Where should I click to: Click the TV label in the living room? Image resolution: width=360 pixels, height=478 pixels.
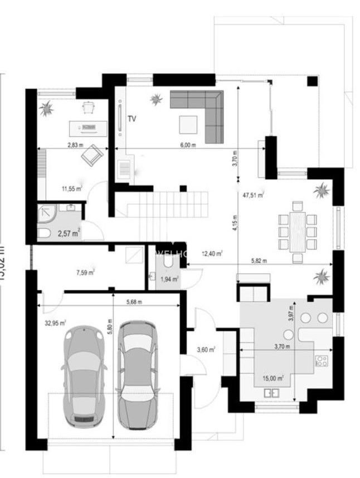pos(132,118)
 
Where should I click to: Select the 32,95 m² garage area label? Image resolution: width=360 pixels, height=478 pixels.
pos(56,322)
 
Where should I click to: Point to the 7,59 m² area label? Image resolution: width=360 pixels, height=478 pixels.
pos(85,273)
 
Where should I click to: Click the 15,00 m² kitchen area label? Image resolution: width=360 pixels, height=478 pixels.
pos(273,378)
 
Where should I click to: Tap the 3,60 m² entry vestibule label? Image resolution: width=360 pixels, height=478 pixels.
pos(206,350)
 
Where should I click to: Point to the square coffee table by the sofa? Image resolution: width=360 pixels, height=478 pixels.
pos(188,124)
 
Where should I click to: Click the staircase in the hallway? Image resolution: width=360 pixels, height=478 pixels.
pos(168,202)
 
